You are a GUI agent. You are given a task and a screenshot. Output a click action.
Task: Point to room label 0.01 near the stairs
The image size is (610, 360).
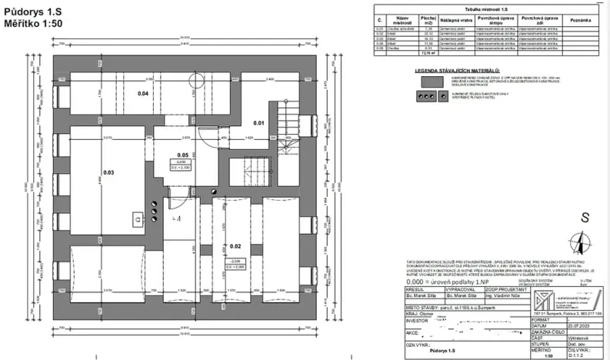pyautogui.click(x=258, y=122)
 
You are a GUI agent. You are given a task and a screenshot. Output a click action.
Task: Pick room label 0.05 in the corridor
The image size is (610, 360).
pyautogui.click(x=183, y=155)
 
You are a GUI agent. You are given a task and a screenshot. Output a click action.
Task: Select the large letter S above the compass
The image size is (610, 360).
pyautogui.click(x=585, y=218)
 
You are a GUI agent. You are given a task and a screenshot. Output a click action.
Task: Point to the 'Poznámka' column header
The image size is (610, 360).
pyautogui.click(x=583, y=18)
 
